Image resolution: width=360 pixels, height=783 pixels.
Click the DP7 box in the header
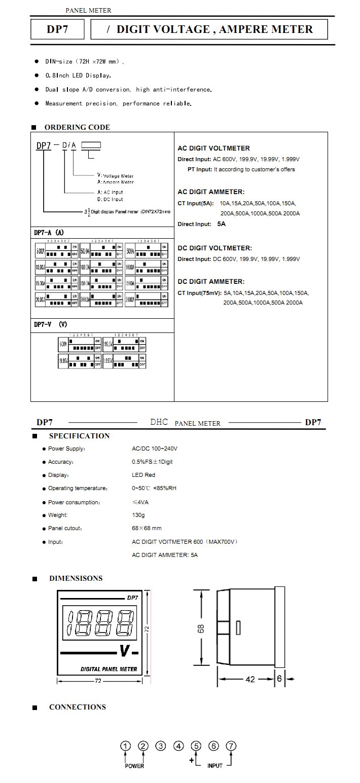(x=57, y=30)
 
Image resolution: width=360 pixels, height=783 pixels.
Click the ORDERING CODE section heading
(x=77, y=127)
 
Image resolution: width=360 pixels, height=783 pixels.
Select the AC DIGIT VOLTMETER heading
(x=213, y=148)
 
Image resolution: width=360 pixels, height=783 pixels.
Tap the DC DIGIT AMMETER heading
(x=210, y=281)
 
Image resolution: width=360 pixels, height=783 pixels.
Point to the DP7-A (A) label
(x=49, y=232)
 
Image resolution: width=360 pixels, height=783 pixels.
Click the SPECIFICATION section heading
(x=79, y=436)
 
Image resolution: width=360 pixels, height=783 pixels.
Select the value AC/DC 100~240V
(x=155, y=449)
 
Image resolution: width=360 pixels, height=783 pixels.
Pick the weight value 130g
(x=138, y=515)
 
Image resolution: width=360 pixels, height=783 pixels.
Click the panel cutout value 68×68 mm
(x=147, y=528)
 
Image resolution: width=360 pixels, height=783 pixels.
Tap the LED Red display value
(x=143, y=475)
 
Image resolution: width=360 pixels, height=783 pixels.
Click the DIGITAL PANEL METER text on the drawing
(x=109, y=669)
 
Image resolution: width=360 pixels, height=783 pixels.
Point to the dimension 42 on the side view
(x=250, y=679)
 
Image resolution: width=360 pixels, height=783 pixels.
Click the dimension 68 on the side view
(x=201, y=629)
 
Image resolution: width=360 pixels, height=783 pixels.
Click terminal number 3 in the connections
(x=161, y=746)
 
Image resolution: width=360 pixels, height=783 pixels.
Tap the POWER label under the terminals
(x=134, y=766)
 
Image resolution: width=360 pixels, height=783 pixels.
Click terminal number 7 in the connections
(x=231, y=746)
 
